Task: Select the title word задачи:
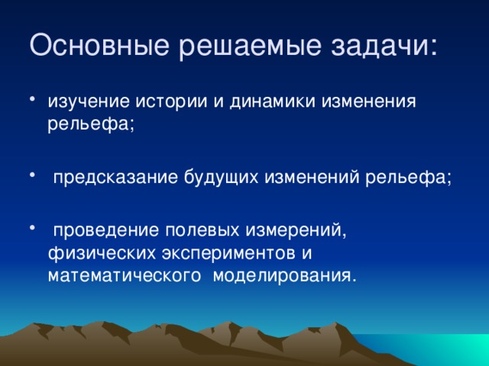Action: click(x=386, y=45)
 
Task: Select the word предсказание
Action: click(x=115, y=178)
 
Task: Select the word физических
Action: click(x=96, y=252)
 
